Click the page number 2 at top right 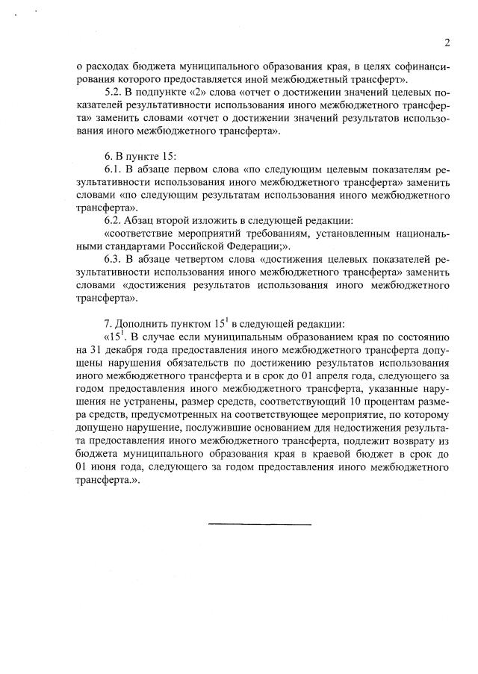[x=446, y=43]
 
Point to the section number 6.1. [x=114, y=169]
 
